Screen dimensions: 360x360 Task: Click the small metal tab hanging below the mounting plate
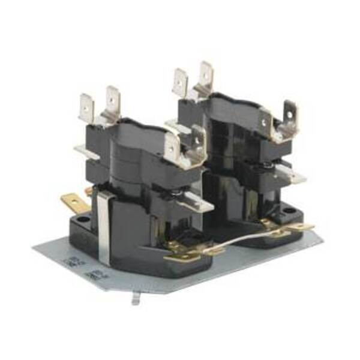[136, 298]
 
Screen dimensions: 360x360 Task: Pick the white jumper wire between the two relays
[240, 238]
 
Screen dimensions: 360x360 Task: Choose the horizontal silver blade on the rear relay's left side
[178, 127]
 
